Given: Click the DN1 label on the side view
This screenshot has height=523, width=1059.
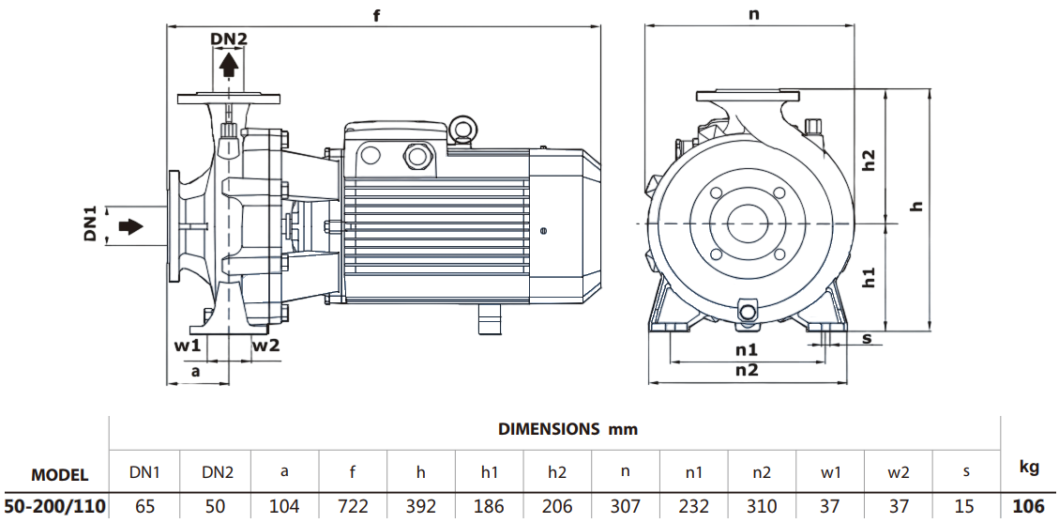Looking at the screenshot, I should [90, 228].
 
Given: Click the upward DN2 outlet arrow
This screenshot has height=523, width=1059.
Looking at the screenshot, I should [228, 65].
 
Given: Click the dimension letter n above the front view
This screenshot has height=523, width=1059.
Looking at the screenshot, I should [753, 14].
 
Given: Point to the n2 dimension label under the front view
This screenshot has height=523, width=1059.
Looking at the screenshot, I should [747, 370].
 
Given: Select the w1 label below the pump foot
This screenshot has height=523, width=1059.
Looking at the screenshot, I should [188, 345].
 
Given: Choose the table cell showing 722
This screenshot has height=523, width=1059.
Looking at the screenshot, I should [352, 507].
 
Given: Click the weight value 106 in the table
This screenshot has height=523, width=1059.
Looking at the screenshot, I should [1028, 507].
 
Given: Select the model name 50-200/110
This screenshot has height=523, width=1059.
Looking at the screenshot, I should [53, 507].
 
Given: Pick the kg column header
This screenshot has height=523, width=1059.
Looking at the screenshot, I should [1028, 467].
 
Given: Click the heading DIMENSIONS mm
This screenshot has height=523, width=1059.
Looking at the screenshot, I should [567, 429].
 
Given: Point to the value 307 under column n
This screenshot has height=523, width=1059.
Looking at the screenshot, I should [625, 507].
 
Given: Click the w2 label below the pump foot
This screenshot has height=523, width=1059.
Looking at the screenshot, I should [266, 345].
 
